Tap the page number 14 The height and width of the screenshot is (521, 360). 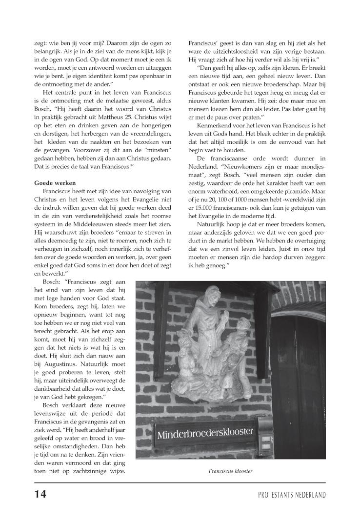tap(40, 494)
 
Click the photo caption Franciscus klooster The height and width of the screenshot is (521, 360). tap(230, 471)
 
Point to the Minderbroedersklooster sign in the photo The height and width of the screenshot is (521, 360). tap(205, 432)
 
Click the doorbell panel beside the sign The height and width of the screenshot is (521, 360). tap(265, 435)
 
